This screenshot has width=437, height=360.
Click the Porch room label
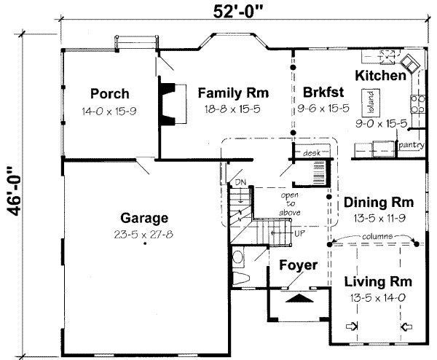click(x=110, y=94)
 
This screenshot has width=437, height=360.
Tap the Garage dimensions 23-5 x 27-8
click(x=143, y=234)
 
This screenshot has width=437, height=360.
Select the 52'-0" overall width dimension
click(x=238, y=12)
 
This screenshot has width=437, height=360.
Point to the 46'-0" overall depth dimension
click(x=13, y=192)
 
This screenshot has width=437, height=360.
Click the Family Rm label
click(x=233, y=93)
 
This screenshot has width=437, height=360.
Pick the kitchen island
click(x=371, y=103)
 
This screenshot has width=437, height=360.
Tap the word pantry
click(x=411, y=145)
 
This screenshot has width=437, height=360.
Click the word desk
click(x=312, y=152)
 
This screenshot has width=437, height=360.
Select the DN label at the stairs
click(x=240, y=182)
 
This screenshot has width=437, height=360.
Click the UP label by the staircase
click(x=299, y=233)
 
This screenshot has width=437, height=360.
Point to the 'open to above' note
click(x=290, y=204)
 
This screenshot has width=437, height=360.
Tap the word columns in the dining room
click(x=377, y=236)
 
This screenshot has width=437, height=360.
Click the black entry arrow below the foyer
click(x=299, y=298)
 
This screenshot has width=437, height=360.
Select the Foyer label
click(x=298, y=265)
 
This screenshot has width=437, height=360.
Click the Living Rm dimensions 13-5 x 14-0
click(x=377, y=298)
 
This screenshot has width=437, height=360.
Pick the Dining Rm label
click(x=379, y=203)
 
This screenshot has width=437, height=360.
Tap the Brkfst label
click(x=323, y=92)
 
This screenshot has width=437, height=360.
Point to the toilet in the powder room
click(x=241, y=278)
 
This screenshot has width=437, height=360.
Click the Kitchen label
click(x=380, y=76)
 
